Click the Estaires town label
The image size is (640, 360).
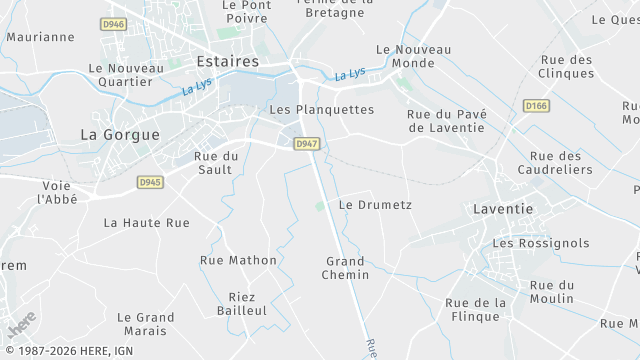tap(228, 61)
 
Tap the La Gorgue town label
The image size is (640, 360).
tap(119, 134)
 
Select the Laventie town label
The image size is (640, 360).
tap(502, 210)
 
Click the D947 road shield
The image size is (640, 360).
tap(307, 144)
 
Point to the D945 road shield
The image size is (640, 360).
tap(150, 182)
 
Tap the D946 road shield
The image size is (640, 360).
tap(114, 24)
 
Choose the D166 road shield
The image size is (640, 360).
tap(537, 105)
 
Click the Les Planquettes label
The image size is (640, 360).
tap(322, 109)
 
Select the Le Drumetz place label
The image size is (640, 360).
tap(375, 204)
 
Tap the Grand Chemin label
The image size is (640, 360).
tap(346, 268)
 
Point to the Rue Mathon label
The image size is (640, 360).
tap(238, 260)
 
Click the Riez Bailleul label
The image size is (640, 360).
tap(241, 304)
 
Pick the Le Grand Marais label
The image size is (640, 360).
tap(145, 323)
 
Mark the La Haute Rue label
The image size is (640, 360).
tap(146, 223)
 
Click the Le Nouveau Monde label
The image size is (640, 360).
tap(413, 56)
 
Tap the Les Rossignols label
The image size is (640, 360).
tap(541, 243)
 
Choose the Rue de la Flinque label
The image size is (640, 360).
tap(475, 310)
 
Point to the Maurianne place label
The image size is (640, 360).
tap(40, 37)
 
